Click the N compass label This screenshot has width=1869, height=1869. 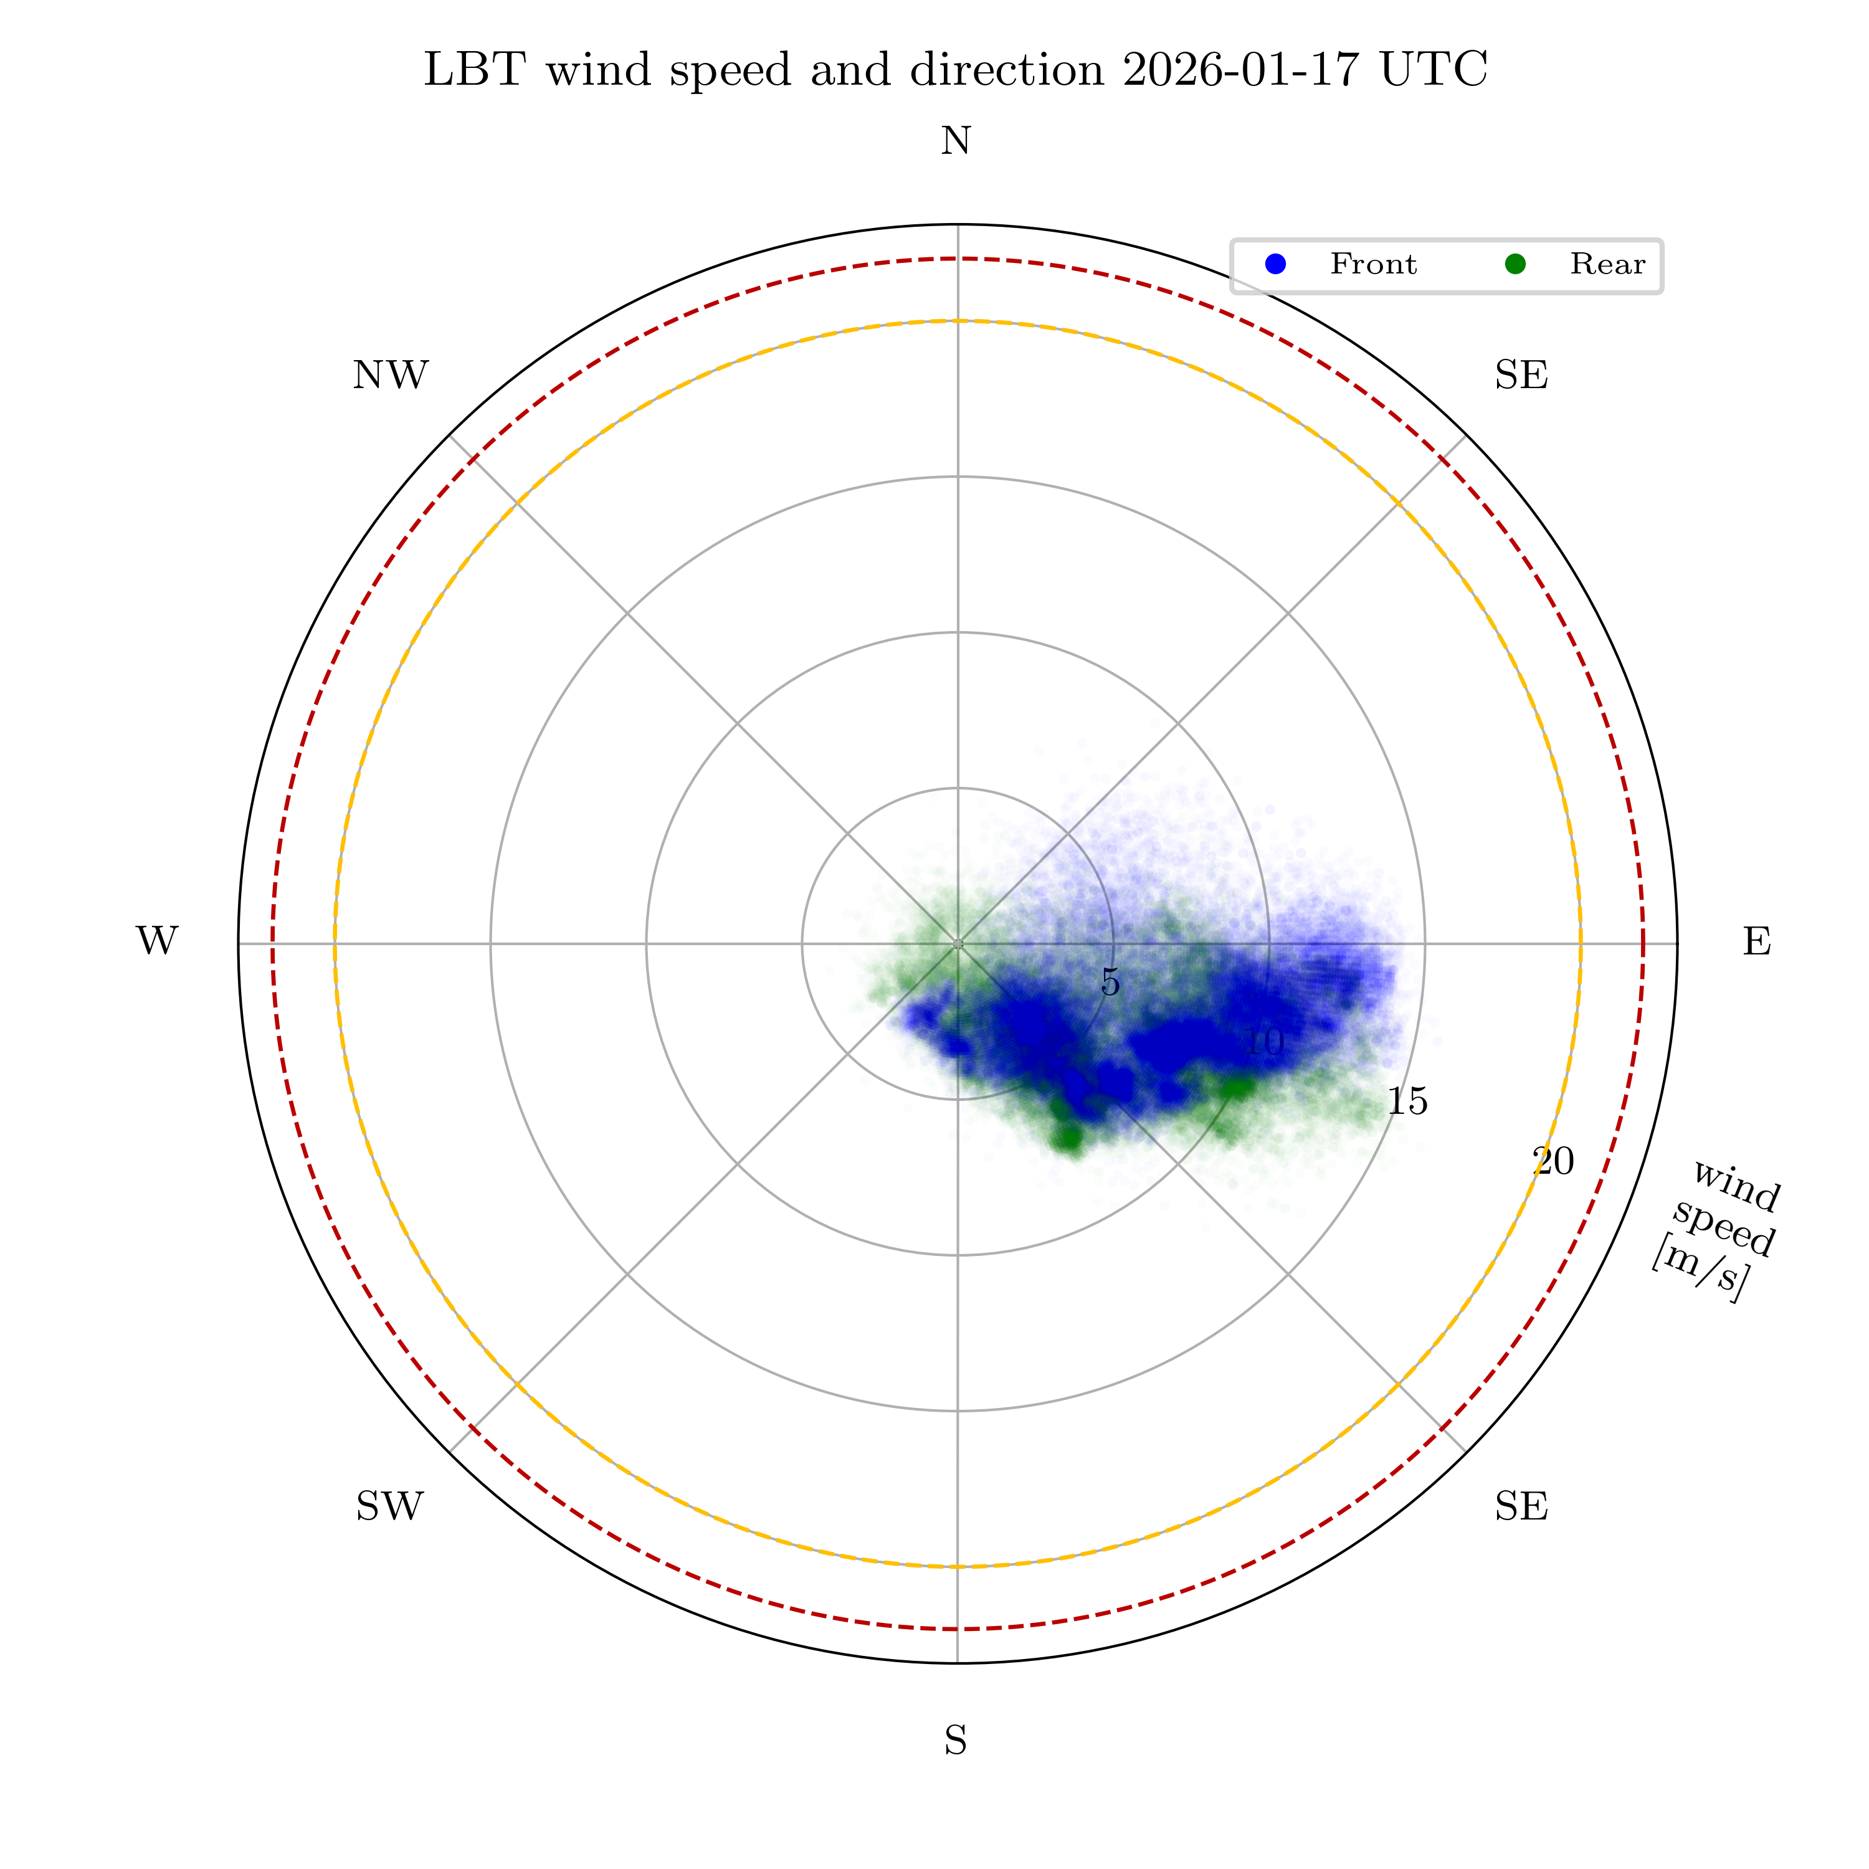(956, 142)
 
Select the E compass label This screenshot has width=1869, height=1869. (1757, 941)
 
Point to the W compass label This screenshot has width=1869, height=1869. (157, 941)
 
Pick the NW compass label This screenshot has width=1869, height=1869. (390, 375)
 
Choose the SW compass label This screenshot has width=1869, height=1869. (390, 1506)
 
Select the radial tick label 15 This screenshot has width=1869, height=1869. (1407, 1102)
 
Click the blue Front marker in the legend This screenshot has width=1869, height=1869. (1276, 264)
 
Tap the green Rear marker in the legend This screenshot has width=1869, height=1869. (1515, 264)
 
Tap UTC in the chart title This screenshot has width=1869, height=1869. (1434, 70)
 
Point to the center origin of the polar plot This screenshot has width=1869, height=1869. (958, 943)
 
